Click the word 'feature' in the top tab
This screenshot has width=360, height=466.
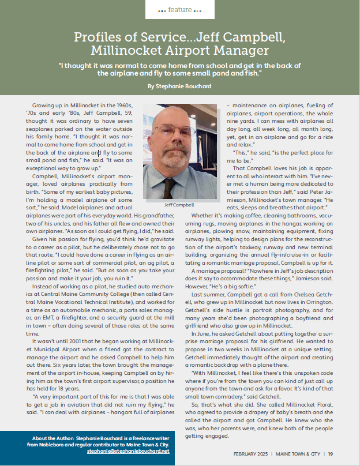[180, 10]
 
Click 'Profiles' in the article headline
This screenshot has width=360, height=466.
[97, 38]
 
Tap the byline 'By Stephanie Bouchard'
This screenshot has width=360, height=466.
[179, 85]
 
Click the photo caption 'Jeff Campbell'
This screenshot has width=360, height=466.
[178, 204]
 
